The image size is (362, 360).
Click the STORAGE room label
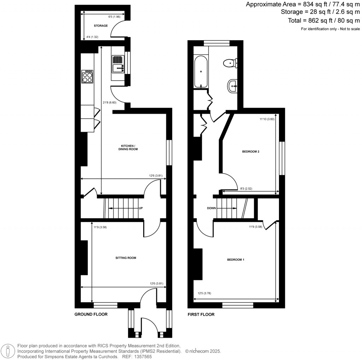(x=101, y=26)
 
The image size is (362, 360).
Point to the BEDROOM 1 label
(x=236, y=260)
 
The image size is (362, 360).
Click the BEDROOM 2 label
(x=251, y=152)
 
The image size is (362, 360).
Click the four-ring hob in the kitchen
(x=88, y=76)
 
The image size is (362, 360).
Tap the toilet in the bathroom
(x=230, y=63)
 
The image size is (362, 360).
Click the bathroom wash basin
(x=233, y=85)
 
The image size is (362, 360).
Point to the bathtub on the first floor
(x=201, y=71)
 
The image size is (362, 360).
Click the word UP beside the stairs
(x=141, y=208)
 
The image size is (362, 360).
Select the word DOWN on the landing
(x=211, y=208)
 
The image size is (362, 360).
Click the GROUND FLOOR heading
(x=91, y=314)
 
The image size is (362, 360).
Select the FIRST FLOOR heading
(x=201, y=314)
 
